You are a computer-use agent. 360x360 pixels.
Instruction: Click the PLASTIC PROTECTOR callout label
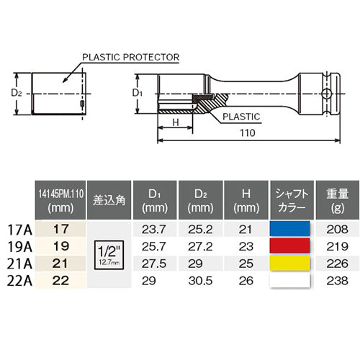tap(130, 55)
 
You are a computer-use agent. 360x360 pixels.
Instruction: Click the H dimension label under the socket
tap(176, 122)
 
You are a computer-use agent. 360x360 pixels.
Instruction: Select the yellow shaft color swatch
tap(289, 261)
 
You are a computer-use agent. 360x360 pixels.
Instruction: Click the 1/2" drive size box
tap(110, 253)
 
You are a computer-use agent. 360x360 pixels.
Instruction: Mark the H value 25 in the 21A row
tap(246, 261)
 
